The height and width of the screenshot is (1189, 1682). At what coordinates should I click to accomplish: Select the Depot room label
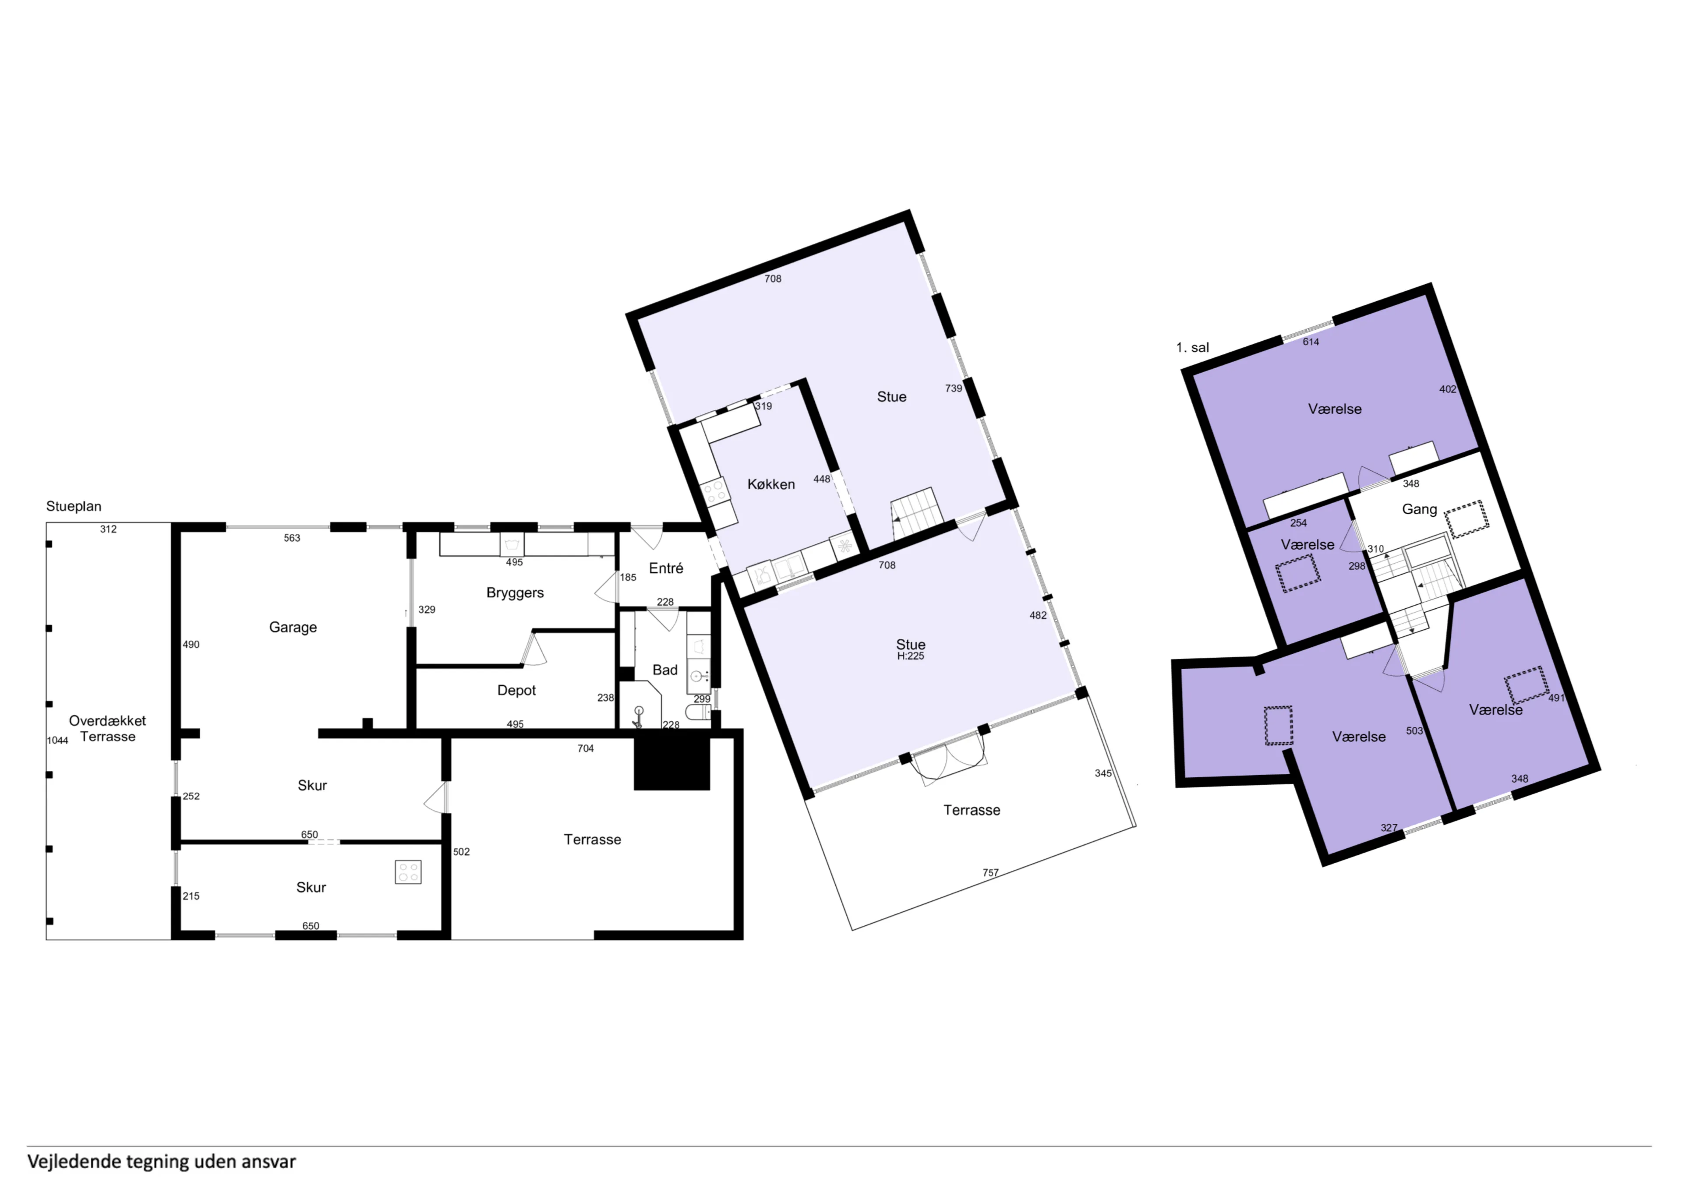tap(516, 690)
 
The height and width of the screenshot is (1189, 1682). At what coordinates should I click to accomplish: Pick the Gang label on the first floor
tap(1419, 509)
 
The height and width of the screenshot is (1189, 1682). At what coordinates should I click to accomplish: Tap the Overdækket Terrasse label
tap(108, 729)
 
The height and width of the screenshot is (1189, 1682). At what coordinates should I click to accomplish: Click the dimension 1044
tap(58, 741)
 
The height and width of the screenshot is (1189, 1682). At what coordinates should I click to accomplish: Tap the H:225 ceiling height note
tap(911, 656)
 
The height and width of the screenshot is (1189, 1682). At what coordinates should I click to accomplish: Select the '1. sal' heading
tap(1193, 348)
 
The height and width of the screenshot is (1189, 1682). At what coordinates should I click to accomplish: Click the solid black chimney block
tap(672, 763)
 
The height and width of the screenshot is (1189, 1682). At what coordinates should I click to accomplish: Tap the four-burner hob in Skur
tap(408, 872)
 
